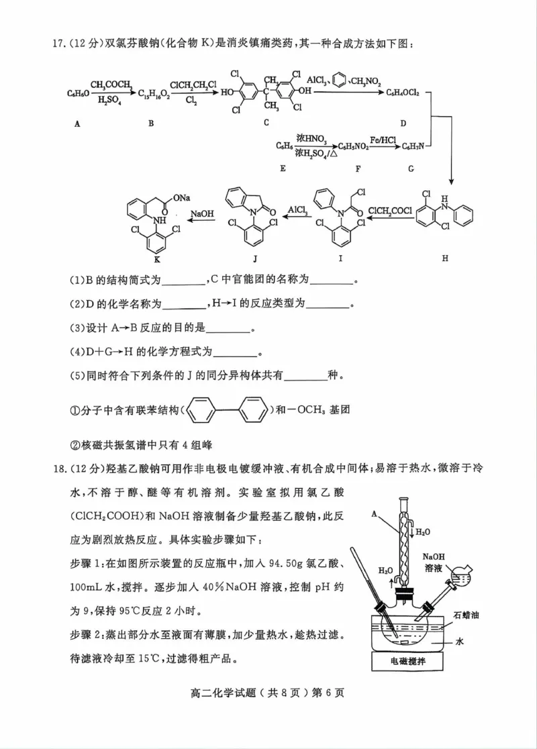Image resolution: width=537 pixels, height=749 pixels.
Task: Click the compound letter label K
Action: click(157, 258)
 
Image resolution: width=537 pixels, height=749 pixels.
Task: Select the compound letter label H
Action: click(444, 258)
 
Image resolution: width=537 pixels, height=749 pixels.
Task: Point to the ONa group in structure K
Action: click(181, 197)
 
